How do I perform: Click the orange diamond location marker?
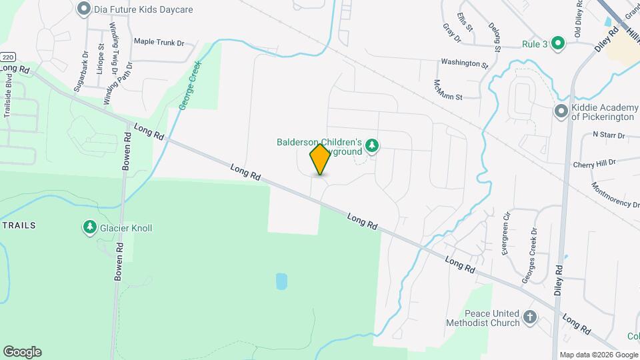pyautogui.click(x=320, y=159)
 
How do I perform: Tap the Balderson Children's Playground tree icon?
pyautogui.click(x=372, y=145)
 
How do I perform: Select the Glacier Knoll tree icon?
pyautogui.click(x=89, y=228)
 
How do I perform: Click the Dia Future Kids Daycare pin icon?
pyautogui.click(x=83, y=9)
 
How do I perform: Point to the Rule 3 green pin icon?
pyautogui.click(x=559, y=44)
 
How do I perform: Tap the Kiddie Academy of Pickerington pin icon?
pyautogui.click(x=561, y=111)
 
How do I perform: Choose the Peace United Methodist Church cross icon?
pyautogui.click(x=530, y=317)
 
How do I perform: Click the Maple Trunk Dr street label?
pyautogui.click(x=159, y=42)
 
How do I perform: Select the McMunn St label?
pyautogui.click(x=447, y=89)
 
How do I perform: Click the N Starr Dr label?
pyautogui.click(x=608, y=135)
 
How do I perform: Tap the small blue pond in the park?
pyautogui.click(x=281, y=281)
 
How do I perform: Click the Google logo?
pyautogui.click(x=22, y=352)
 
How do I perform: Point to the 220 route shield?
pyautogui.click(x=7, y=57)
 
